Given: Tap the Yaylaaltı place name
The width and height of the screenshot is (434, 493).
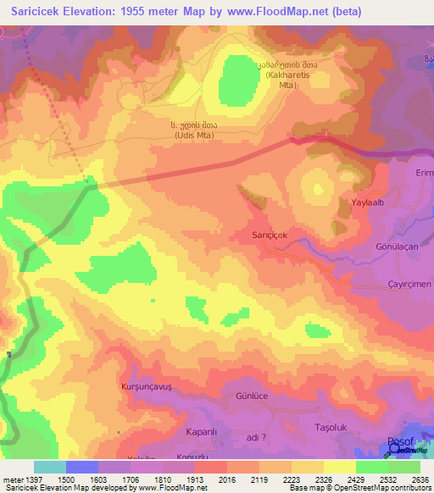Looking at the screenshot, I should tap(370, 203).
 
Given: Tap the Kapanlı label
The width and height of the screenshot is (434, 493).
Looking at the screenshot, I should tap(203, 431).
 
